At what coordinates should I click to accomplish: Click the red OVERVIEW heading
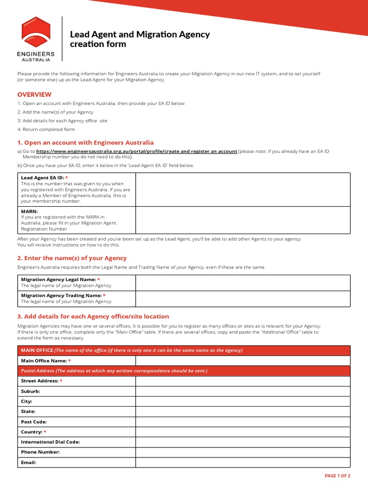pyautogui.click(x=34, y=94)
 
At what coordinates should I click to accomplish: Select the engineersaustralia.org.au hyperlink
pyautogui.click(x=137, y=151)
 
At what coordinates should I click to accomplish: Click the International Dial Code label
pyautogui.click(x=50, y=442)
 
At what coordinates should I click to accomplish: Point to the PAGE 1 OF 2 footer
pyautogui.click(x=337, y=476)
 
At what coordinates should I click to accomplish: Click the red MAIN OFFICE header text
pyautogui.click(x=37, y=351)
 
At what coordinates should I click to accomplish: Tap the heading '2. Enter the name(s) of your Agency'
pyautogui.click(x=72, y=258)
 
